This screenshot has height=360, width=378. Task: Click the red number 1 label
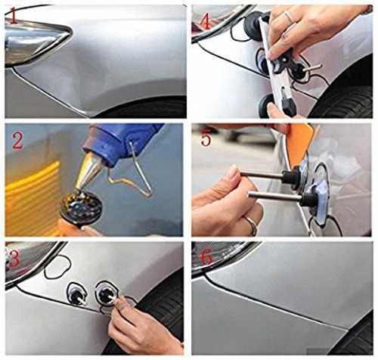point(14,16)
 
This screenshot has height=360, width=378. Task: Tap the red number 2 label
point(17,141)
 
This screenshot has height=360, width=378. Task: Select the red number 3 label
point(14,259)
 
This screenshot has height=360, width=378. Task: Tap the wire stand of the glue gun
point(131,172)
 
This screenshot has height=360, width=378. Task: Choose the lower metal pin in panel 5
point(274,195)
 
